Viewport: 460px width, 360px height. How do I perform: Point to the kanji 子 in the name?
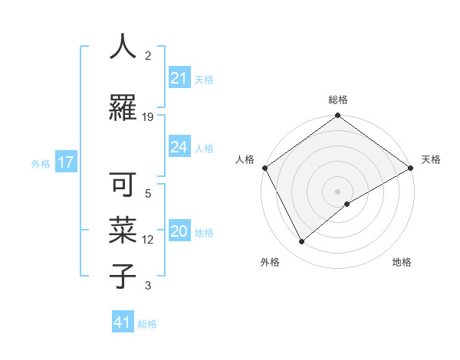[x=123, y=276]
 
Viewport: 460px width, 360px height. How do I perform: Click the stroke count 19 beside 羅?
[x=148, y=117]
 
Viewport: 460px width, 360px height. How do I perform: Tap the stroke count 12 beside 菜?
[x=148, y=240]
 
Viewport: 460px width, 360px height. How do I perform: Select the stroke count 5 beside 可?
[x=148, y=194]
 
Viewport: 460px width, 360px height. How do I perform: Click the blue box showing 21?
[x=179, y=78]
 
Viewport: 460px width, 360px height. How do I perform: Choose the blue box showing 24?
[x=179, y=147]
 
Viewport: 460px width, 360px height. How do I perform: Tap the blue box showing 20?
[x=179, y=231]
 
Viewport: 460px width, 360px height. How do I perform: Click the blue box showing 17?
[x=65, y=162]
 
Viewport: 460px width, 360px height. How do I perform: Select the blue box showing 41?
[x=122, y=322]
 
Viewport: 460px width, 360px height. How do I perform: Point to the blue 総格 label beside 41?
[x=147, y=324]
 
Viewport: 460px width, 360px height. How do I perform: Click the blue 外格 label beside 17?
[x=41, y=163]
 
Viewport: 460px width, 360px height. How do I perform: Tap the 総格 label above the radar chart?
[x=337, y=100]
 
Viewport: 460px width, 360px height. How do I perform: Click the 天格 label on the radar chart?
[x=431, y=159]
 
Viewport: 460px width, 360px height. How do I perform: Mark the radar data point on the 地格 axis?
[x=347, y=204]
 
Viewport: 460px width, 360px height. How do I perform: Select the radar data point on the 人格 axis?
[x=264, y=168]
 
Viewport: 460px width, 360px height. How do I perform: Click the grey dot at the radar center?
[x=337, y=191]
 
